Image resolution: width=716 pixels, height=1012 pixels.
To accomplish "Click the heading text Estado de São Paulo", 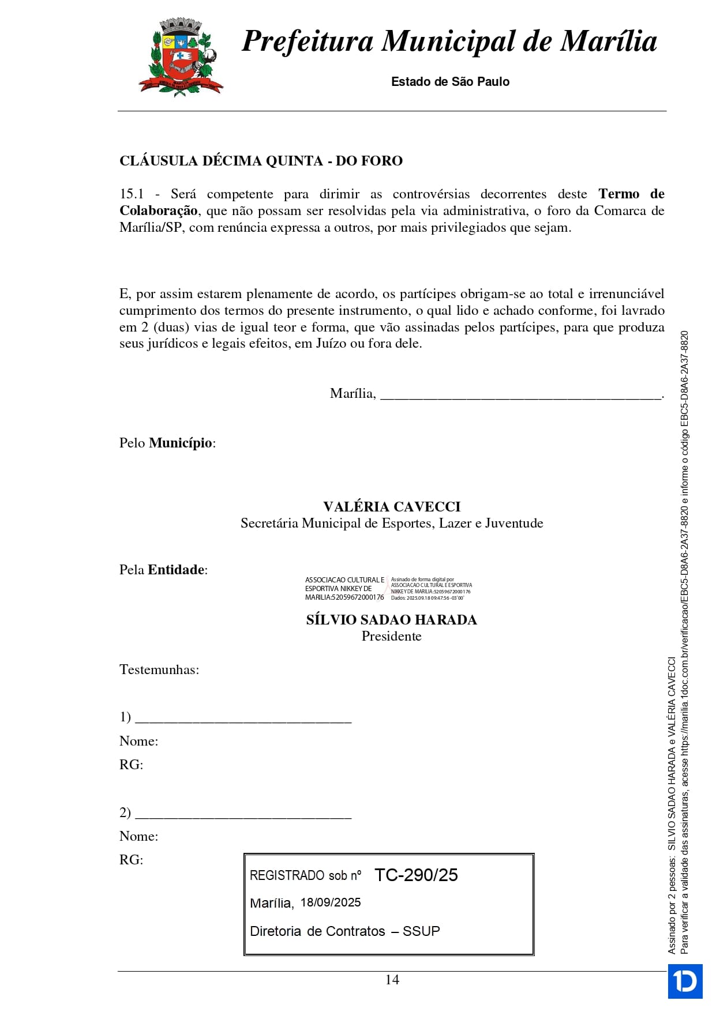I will pyautogui.click(x=450, y=82).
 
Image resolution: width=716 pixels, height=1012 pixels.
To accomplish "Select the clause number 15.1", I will pyautogui.click(x=132, y=194).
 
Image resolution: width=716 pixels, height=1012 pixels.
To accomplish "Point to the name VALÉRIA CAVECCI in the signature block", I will pyautogui.click(x=392, y=507).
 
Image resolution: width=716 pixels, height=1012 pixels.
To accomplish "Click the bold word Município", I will pyautogui.click(x=181, y=443).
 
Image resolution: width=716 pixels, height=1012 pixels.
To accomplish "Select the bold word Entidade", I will pyautogui.click(x=176, y=570).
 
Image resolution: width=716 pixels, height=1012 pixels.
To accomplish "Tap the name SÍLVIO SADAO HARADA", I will pyautogui.click(x=391, y=620).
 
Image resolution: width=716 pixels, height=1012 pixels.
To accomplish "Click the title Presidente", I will pyautogui.click(x=391, y=636).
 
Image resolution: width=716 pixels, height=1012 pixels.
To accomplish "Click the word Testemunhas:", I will pyautogui.click(x=159, y=669).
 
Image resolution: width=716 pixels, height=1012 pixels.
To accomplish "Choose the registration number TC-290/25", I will pyautogui.click(x=416, y=875).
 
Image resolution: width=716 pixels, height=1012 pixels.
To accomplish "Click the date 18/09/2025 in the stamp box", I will pyautogui.click(x=331, y=902).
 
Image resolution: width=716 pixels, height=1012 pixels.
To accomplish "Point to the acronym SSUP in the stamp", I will pyautogui.click(x=421, y=931).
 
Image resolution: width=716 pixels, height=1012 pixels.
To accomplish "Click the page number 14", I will pyautogui.click(x=392, y=980).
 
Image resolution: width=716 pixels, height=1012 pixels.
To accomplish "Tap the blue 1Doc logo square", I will pyautogui.click(x=685, y=981).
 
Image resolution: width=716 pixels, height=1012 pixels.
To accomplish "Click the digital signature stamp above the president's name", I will pyautogui.click(x=388, y=589).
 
